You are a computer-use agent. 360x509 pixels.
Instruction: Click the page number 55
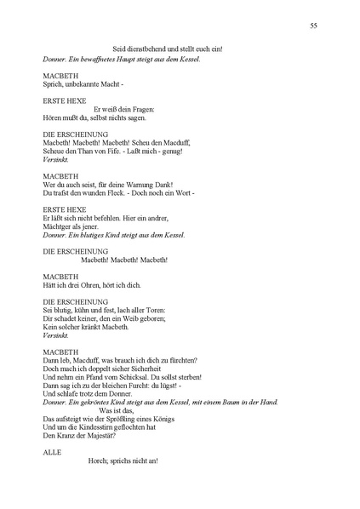pos(314,27)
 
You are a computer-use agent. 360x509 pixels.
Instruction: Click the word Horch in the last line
pos(98,461)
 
